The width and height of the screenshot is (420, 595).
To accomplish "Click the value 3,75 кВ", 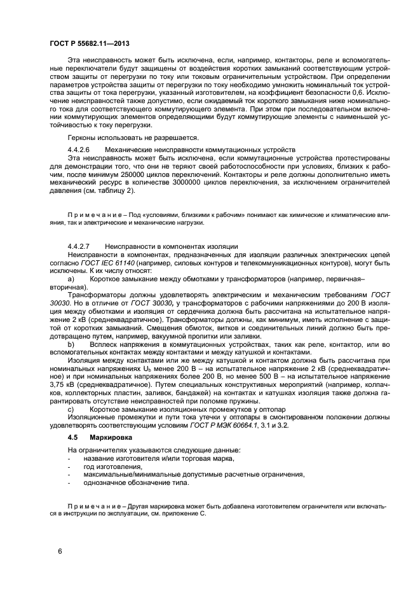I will pyautogui.click(x=63, y=385).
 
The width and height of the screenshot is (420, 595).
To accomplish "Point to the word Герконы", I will pyautogui.click(x=83, y=137).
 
